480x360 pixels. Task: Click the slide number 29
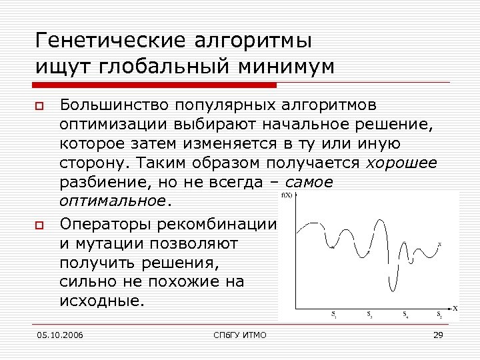tap(438, 335)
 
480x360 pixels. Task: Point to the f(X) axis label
tap(289, 195)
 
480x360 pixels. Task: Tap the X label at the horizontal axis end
tap(455, 308)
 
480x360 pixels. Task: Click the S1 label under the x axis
tap(334, 314)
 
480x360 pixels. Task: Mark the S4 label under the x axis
tap(405, 314)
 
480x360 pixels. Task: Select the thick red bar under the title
tap(155, 85)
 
